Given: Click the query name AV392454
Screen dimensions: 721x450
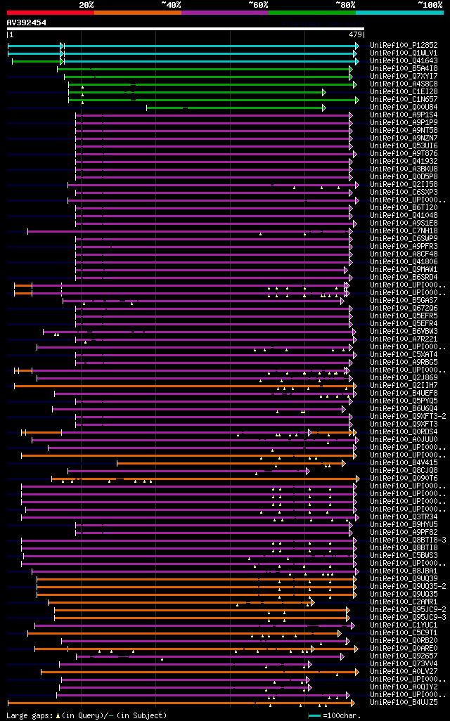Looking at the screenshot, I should pos(27,22).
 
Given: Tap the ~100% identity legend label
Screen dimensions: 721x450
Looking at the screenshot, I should pos(430,5).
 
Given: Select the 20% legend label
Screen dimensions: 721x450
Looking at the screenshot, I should pos(86,5).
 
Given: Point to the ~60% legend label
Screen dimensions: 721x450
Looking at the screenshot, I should pos(258,5).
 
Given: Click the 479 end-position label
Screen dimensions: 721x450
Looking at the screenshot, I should pos(355,34).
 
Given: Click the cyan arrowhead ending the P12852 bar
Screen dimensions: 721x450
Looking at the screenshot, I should pos(356,46).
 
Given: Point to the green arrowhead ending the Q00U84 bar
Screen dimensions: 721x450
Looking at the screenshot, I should pos(323,108).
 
